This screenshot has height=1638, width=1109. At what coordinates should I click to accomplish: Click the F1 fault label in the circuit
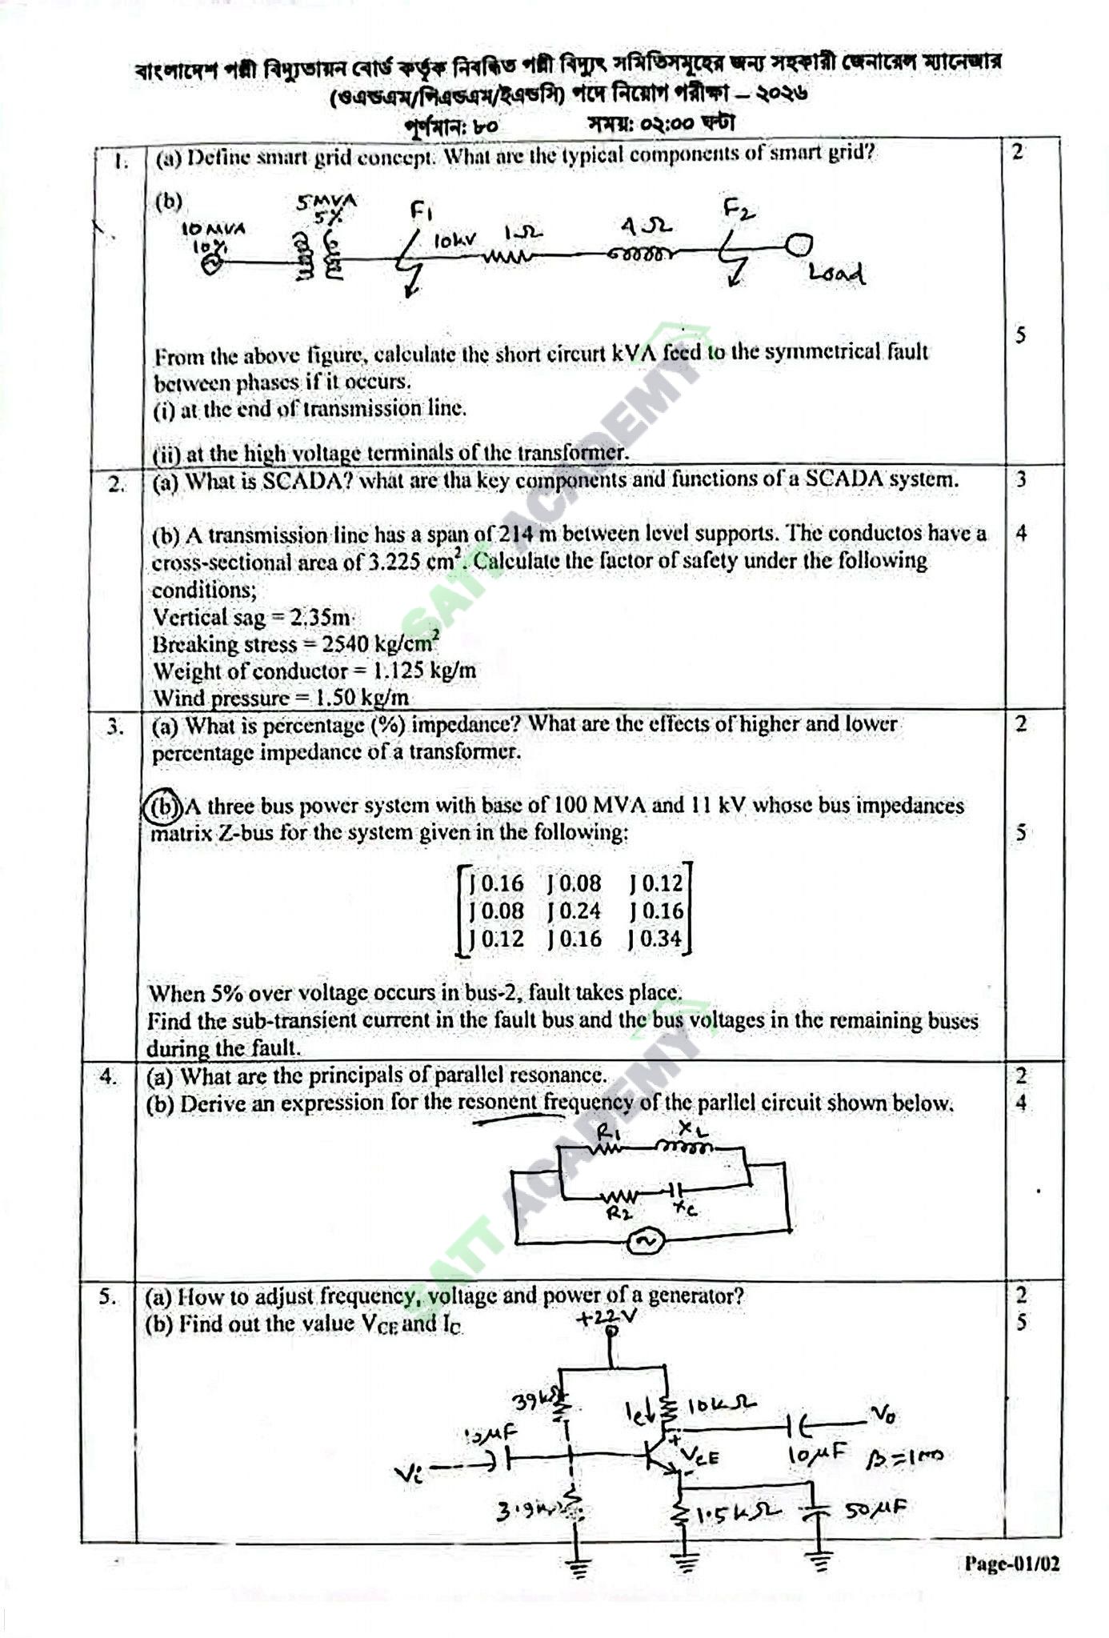(421, 211)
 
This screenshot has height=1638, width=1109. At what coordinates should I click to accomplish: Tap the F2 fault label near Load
(738, 210)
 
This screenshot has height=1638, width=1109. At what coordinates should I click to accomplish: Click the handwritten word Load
(835, 274)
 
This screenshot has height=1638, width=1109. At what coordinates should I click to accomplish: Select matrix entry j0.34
(655, 938)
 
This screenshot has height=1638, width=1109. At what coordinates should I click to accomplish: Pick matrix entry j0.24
(574, 911)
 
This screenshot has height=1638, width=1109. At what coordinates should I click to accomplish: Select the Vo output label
(883, 1416)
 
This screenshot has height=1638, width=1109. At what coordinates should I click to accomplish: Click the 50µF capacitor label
(875, 1509)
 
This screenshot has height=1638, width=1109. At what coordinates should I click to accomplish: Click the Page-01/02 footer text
(1011, 1564)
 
